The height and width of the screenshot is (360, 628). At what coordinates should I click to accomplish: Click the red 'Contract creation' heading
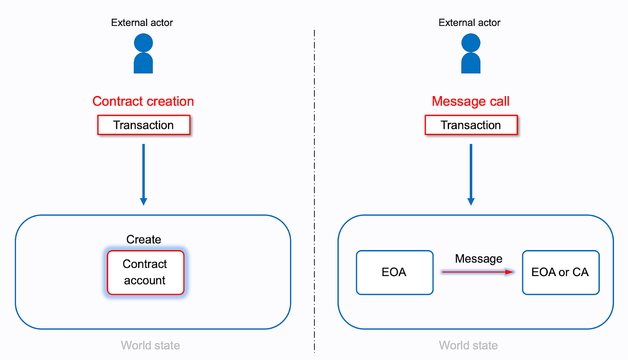[143, 101]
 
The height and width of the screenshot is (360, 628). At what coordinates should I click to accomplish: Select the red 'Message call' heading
[471, 101]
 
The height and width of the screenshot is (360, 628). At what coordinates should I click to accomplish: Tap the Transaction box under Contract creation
[144, 125]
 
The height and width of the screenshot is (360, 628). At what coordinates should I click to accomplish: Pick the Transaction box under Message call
[471, 125]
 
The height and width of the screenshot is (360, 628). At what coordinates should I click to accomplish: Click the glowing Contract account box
[145, 272]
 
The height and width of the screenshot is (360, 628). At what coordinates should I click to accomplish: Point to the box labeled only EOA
[394, 272]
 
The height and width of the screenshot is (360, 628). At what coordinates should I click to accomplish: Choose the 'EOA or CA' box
[560, 272]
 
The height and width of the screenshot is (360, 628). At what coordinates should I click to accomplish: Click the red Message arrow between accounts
[477, 272]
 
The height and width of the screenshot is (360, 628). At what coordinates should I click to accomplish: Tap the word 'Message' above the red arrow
[479, 259]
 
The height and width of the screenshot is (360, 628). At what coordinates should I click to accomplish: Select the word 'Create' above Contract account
[144, 239]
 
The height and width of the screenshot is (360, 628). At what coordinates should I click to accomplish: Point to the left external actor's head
[144, 43]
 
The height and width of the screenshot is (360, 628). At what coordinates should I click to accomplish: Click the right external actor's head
[471, 43]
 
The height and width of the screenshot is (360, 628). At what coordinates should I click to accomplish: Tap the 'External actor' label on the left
[142, 22]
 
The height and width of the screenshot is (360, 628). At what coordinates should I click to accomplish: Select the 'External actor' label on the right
[470, 22]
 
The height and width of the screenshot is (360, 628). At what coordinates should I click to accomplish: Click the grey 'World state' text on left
[150, 345]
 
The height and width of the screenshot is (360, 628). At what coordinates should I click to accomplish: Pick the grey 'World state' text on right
[468, 345]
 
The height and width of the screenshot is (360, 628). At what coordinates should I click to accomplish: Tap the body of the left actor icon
[144, 64]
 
